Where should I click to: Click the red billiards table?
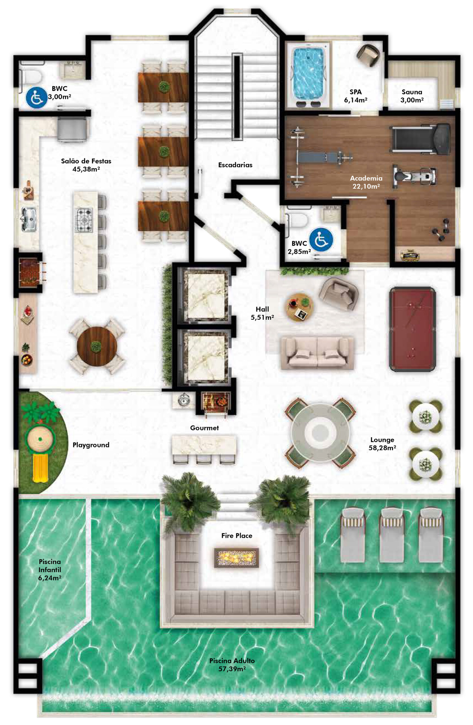point(412,329)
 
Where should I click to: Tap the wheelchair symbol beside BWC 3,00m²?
point(37,97)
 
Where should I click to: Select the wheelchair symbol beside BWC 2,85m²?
point(321,240)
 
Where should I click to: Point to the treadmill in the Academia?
point(420,139)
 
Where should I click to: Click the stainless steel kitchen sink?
point(29,219)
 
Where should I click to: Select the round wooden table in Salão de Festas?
point(97,346)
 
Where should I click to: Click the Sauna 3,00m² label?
point(412,96)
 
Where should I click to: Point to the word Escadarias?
point(235,165)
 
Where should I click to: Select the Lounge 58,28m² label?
point(382,443)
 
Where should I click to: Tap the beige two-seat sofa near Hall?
point(317,353)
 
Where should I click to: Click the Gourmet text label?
point(205,428)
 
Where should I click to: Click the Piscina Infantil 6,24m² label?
point(50,570)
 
